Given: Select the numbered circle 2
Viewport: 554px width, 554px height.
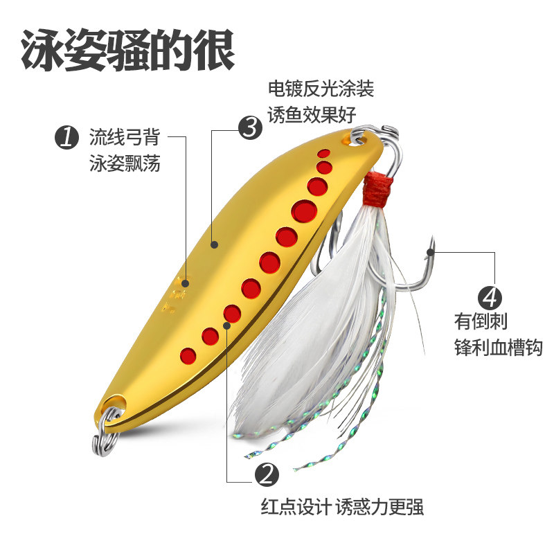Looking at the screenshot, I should [x=267, y=475].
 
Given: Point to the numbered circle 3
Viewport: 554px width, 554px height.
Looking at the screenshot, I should [x=250, y=127].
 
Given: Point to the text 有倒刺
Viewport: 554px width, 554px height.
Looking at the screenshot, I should [x=479, y=323].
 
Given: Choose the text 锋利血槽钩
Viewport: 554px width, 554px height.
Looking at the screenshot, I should [x=497, y=348].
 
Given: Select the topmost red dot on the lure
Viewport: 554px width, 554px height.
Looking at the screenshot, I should [x=323, y=152].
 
